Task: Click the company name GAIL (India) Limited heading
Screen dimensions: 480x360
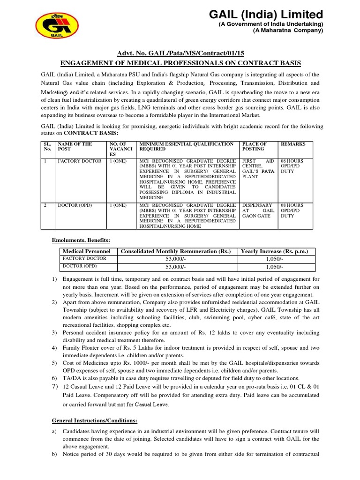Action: click(266, 14)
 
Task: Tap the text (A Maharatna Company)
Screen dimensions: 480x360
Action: click(288, 31)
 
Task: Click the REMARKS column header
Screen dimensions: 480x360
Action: click(293, 144)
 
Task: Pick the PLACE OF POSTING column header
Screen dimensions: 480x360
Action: click(254, 147)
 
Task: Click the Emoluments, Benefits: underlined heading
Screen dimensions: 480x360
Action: click(81, 240)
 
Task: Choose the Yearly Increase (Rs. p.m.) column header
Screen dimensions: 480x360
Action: click(274, 252)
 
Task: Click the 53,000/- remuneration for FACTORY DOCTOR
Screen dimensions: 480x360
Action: click(176, 259)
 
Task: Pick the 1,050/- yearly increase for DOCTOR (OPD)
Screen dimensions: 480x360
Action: click(274, 267)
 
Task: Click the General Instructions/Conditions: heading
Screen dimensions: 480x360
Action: click(94, 421)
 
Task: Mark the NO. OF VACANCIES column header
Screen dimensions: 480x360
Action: click(120, 149)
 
